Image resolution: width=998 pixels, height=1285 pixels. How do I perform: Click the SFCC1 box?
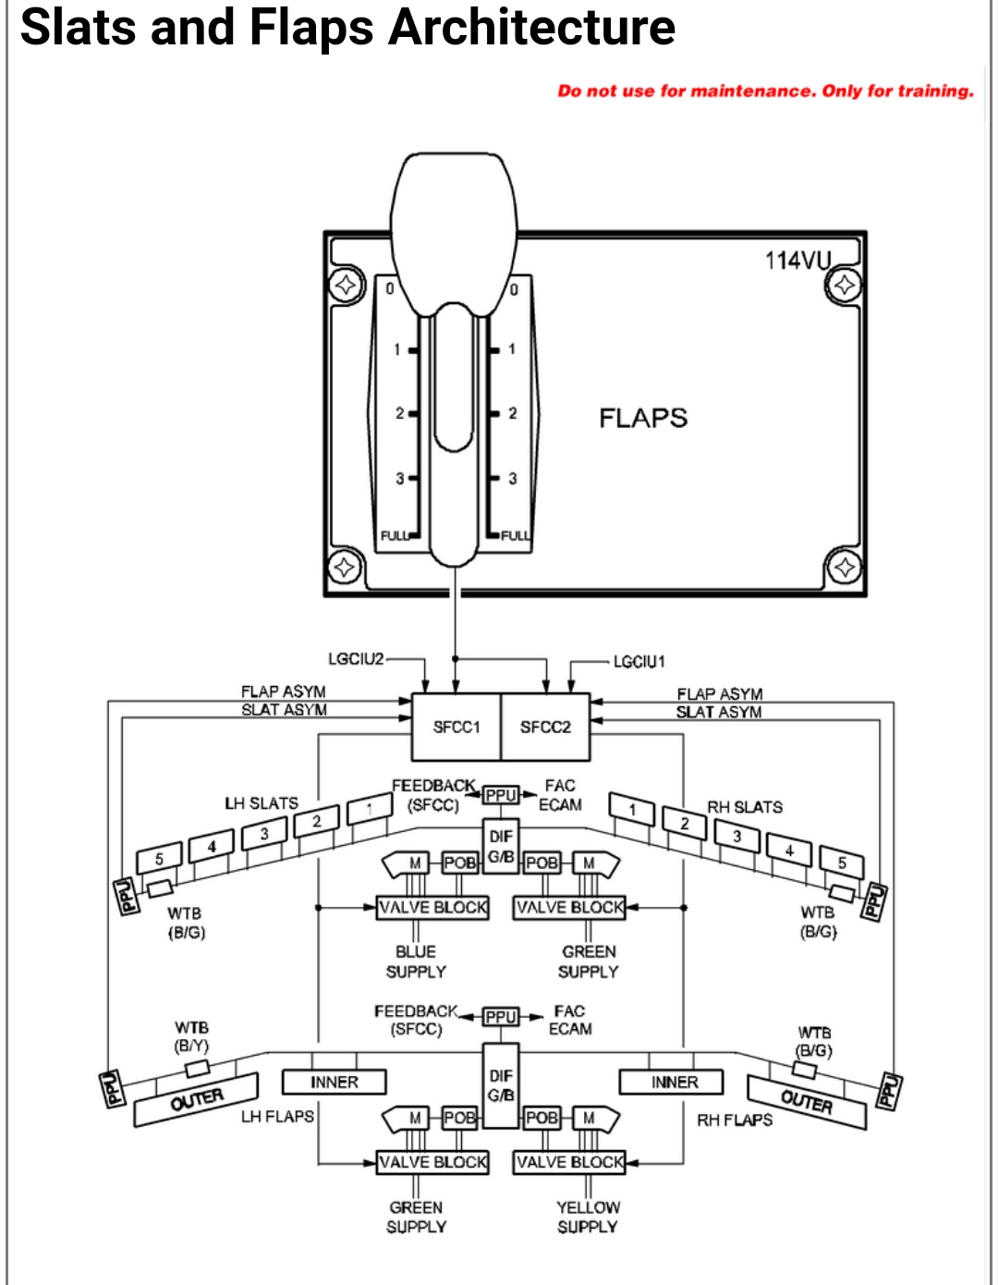(x=456, y=728)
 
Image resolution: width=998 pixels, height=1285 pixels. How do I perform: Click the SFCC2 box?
(x=545, y=728)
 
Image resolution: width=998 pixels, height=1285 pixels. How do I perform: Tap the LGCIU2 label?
(x=356, y=659)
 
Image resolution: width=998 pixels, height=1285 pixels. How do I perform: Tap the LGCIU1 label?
(x=639, y=662)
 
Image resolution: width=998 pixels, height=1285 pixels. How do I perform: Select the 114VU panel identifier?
(x=798, y=261)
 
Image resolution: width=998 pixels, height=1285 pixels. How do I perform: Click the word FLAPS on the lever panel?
(x=643, y=418)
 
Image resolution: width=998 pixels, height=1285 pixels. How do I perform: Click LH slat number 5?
(x=159, y=859)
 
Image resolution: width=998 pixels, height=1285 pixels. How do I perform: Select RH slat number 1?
(x=632, y=810)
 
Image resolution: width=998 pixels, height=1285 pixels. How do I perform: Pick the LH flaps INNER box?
(x=334, y=1082)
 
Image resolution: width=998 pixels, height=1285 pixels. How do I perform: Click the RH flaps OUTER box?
(x=807, y=1101)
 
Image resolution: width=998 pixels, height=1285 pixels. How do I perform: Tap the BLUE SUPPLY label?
(x=416, y=961)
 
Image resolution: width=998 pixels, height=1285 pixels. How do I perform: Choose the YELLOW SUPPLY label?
(x=588, y=1217)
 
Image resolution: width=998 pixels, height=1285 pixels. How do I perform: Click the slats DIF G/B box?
(x=501, y=847)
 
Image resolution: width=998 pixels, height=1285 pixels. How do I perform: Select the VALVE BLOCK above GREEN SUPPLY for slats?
(x=569, y=908)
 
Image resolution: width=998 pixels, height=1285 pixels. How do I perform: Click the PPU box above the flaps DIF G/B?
(x=501, y=1017)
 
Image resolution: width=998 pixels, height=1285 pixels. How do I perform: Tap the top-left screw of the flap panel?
(x=346, y=285)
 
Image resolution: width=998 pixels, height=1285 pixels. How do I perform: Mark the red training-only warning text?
(x=765, y=91)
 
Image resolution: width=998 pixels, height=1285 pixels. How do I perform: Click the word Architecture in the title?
(x=531, y=28)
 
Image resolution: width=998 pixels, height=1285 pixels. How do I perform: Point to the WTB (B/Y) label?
(x=191, y=1036)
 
